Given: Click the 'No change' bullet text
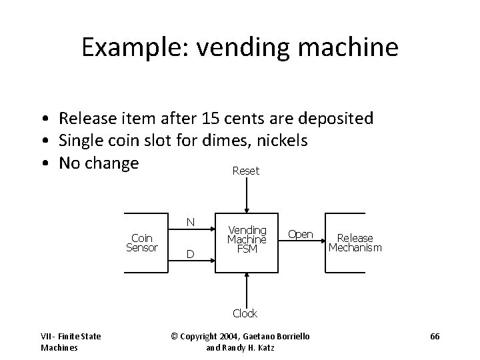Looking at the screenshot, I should pyautogui.click(x=99, y=163).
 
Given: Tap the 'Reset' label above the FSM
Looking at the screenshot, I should pyautogui.click(x=246, y=171).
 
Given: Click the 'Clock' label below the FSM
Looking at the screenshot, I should pyautogui.click(x=245, y=313).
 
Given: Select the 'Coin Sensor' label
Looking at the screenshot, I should pyautogui.click(x=142, y=243).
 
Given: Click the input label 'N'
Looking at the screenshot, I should pyautogui.click(x=190, y=222).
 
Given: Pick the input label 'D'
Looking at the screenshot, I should pyautogui.click(x=190, y=254).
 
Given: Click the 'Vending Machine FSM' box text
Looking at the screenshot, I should pyautogui.click(x=247, y=238).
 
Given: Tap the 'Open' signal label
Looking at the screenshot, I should pyautogui.click(x=300, y=234).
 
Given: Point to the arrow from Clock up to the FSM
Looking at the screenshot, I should pyautogui.click(x=247, y=290).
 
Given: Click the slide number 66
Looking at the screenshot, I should pyautogui.click(x=435, y=337).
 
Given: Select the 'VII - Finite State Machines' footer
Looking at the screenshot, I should pyautogui.click(x=70, y=341).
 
